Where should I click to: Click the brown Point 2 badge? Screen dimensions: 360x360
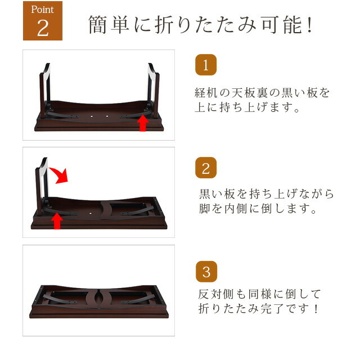[x=43, y=21]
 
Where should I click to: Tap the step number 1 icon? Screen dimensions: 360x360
[x=206, y=65]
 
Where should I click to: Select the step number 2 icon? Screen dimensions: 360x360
[x=206, y=168]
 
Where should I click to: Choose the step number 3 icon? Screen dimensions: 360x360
[x=206, y=272]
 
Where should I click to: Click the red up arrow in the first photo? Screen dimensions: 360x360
[x=142, y=123]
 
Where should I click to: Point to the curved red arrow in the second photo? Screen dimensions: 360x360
[x=60, y=175]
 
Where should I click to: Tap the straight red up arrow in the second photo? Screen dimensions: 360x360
[x=57, y=221]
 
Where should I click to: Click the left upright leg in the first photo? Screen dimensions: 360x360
[x=45, y=91]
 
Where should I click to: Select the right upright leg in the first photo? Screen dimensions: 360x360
[x=154, y=91]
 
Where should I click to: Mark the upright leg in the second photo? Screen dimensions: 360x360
[x=42, y=186]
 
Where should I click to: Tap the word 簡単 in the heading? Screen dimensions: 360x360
[x=109, y=25]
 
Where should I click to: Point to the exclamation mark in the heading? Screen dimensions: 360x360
[x=310, y=24]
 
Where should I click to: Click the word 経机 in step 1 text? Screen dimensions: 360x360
[x=206, y=92]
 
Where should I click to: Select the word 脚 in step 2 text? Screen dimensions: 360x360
[x=204, y=209]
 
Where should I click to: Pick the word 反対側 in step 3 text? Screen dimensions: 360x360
[x=215, y=294]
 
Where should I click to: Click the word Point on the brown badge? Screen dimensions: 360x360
[x=43, y=10]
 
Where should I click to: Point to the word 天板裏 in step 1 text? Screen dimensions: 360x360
[x=249, y=92]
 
